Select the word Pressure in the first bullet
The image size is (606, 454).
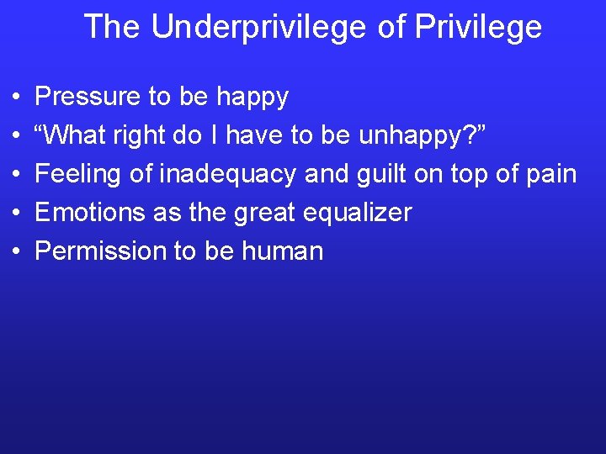coord(88,97)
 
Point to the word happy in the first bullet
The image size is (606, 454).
coord(252,98)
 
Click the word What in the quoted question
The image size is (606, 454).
coord(77,135)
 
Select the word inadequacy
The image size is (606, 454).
coord(228,174)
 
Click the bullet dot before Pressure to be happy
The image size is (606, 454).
coord(17,98)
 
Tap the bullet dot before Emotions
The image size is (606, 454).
coord(17,213)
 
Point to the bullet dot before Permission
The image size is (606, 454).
coord(17,251)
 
